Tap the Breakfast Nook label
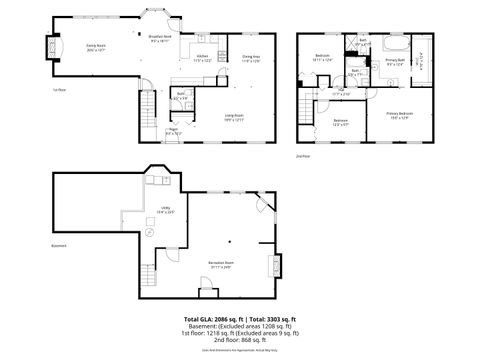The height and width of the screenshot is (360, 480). coord(160,39)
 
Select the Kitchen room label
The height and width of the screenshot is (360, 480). coord(203,58)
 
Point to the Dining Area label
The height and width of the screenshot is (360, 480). coord(250,58)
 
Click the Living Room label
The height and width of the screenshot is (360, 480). coord(232,117)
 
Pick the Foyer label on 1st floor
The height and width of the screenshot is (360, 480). coord(173,130)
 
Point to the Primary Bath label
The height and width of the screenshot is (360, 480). coord(396,62)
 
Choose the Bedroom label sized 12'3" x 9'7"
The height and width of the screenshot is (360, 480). coord(340,122)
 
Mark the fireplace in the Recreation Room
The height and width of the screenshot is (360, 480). coord(275,266)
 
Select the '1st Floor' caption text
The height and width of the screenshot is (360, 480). coord(59,89)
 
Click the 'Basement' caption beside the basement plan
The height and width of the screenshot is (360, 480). coord(60,246)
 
